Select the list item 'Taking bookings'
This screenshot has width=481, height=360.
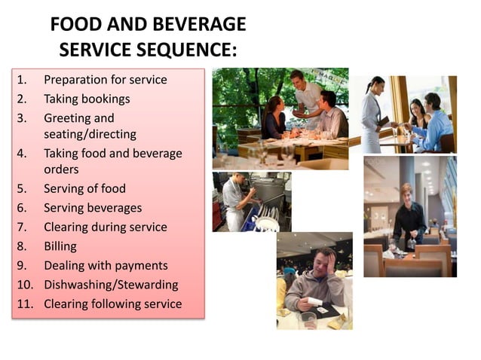point(87,99)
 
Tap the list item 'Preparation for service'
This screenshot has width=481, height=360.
point(106,79)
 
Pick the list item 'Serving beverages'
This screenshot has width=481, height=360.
point(93,208)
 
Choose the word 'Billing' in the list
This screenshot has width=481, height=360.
point(60,246)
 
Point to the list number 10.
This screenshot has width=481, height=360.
point(24,285)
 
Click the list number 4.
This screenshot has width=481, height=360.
point(23,154)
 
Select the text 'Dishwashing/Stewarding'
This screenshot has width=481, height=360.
point(111,285)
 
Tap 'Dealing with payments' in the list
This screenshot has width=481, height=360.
point(106,265)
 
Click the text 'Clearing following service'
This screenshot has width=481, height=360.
point(113,304)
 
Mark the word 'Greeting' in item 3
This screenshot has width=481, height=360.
point(68,118)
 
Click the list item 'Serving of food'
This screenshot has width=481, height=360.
point(84,188)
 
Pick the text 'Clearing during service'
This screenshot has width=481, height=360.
point(106,227)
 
